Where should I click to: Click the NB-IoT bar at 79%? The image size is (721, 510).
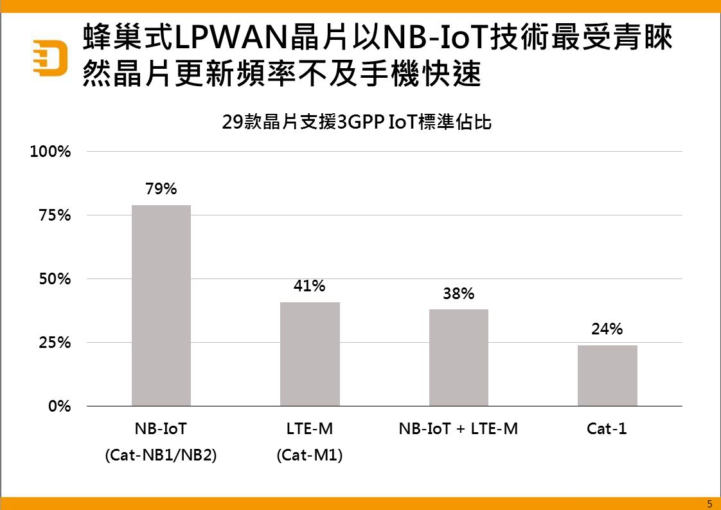tap(161, 305)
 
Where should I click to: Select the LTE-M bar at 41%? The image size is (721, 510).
tap(310, 354)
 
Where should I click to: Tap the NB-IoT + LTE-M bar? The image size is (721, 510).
tap(459, 358)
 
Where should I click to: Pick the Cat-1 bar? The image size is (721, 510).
tap(607, 376)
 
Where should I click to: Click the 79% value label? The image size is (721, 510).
tap(161, 189)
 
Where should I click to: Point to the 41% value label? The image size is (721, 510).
tap(310, 286)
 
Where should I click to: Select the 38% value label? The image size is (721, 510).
tap(459, 294)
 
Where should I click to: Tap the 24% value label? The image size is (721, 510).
tap(607, 329)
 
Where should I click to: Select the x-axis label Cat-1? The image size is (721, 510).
tap(607, 429)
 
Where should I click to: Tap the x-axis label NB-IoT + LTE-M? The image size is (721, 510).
tap(458, 429)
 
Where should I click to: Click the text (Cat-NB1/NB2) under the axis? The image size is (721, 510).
tap(161, 455)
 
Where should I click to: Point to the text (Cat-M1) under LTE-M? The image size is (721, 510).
tap(310, 455)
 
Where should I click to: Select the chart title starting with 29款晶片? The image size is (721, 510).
tap(357, 122)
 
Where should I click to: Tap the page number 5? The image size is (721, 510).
tap(709, 504)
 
